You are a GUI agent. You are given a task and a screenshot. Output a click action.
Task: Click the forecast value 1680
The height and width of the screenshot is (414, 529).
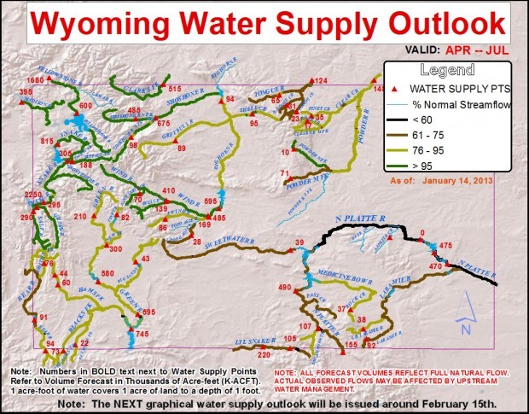click(34, 79)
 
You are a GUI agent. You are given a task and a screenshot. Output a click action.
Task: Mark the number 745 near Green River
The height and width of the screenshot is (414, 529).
click(142, 336)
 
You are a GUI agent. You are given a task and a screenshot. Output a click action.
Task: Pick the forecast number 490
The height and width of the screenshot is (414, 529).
click(285, 289)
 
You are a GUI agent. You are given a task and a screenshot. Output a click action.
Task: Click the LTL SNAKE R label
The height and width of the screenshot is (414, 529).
click(250, 343)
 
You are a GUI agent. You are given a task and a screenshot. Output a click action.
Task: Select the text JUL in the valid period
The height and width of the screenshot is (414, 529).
click(501, 50)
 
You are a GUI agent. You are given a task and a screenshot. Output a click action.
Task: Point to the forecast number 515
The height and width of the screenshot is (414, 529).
click(175, 89)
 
